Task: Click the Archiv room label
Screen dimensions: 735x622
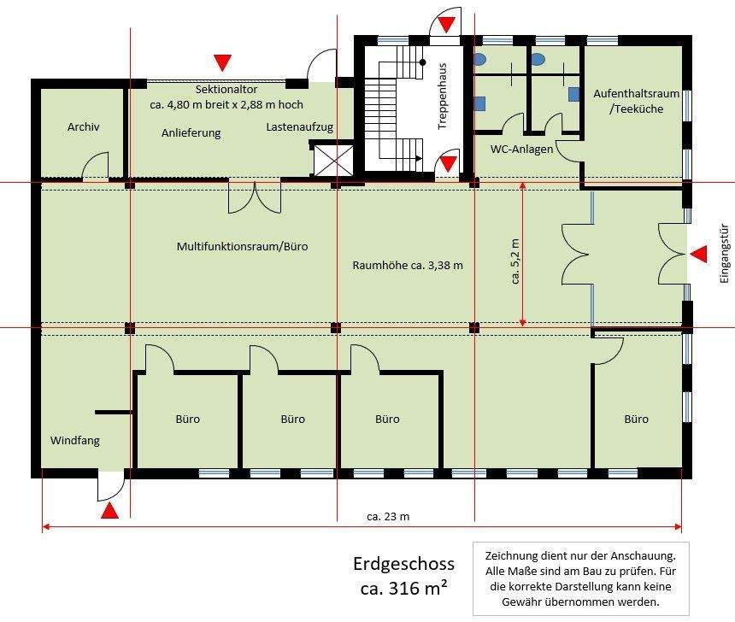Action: point(84,126)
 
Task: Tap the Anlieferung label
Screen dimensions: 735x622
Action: point(191,133)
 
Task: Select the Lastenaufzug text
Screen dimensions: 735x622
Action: point(299,127)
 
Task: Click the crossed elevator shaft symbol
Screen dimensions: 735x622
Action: point(333,161)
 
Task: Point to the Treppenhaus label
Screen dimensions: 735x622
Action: point(442,96)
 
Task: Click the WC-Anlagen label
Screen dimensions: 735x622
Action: point(521,149)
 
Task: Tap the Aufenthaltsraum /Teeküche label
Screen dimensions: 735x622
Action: point(636,101)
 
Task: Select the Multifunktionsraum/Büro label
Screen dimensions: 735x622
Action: point(243,247)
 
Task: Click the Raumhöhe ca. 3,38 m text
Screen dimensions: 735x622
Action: point(408,266)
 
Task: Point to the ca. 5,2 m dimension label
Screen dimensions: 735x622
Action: point(514,261)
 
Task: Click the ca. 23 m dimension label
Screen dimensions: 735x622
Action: point(388,517)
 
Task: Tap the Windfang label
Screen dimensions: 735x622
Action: point(75,441)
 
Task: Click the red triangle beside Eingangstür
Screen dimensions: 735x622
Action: point(699,254)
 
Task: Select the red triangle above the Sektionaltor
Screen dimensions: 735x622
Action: point(223,62)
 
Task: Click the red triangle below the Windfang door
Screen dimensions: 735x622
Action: point(109,511)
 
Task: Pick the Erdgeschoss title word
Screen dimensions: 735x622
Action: point(403,564)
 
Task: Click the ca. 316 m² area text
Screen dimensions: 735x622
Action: point(403,587)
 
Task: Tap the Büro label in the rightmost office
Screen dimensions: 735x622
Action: point(636,419)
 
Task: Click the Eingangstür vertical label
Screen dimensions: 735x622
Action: point(725,254)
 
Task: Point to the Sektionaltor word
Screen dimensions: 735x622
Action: point(226,89)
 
